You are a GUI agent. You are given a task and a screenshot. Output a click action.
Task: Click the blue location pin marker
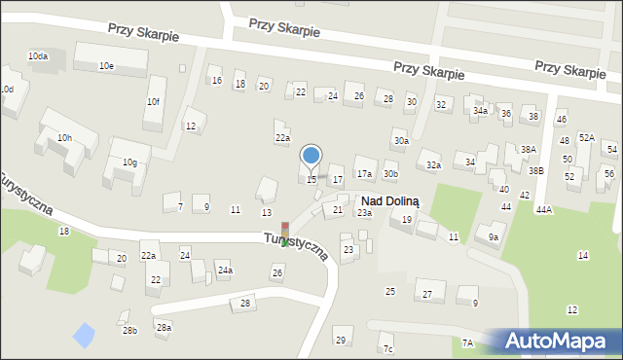coord(311,156)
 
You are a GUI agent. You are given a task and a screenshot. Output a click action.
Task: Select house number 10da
coord(38,56)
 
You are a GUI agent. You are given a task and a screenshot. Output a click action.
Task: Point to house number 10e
coord(106,65)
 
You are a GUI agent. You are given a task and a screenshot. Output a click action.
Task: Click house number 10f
coord(153,101)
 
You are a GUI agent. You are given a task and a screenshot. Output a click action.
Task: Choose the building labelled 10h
coord(64,137)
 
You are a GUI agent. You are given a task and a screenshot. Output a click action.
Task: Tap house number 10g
coord(129,162)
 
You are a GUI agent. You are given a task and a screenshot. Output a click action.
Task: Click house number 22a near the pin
coord(281,138)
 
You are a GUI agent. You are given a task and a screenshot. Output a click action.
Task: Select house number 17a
coord(364,173)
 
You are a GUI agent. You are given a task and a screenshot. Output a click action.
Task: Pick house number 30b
coord(390,173)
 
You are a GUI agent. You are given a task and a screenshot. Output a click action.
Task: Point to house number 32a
coord(433,165)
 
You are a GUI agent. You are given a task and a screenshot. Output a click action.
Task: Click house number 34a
coord(480,111)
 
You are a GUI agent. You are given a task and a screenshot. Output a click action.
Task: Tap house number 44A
coord(543,209)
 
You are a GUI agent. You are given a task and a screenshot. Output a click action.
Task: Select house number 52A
coord(586,137)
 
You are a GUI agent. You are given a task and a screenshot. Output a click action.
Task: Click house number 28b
coord(129,331)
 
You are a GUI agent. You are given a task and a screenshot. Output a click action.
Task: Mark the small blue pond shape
coord(85,336)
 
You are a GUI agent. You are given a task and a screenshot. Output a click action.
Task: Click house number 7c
coord(387,348)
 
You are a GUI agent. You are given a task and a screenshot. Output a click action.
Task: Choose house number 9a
coord(494,236)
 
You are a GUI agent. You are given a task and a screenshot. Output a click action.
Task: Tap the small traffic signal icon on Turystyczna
coord(285,234)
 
